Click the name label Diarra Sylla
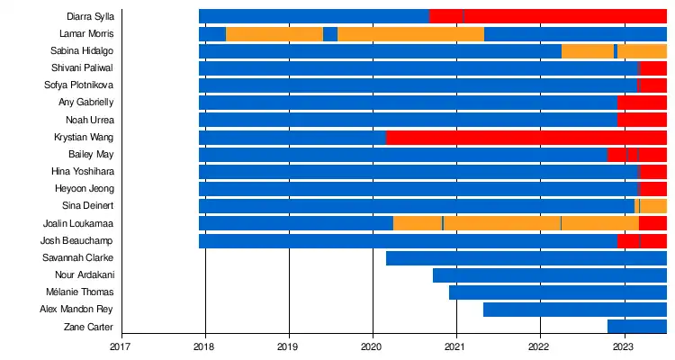tap(91, 16)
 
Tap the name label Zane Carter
tap(89, 327)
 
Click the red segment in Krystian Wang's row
tap(526, 138)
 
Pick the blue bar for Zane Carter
tap(637, 327)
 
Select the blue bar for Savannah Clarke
tap(526, 258)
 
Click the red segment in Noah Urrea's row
tap(642, 120)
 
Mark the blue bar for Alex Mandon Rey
tap(575, 310)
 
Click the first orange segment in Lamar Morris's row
tap(274, 34)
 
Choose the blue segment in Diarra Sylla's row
tap(314, 16)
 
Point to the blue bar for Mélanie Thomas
tap(558, 292)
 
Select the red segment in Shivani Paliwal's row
tap(652, 68)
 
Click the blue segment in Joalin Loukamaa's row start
tap(296, 223)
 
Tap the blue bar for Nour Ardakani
tap(550, 275)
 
